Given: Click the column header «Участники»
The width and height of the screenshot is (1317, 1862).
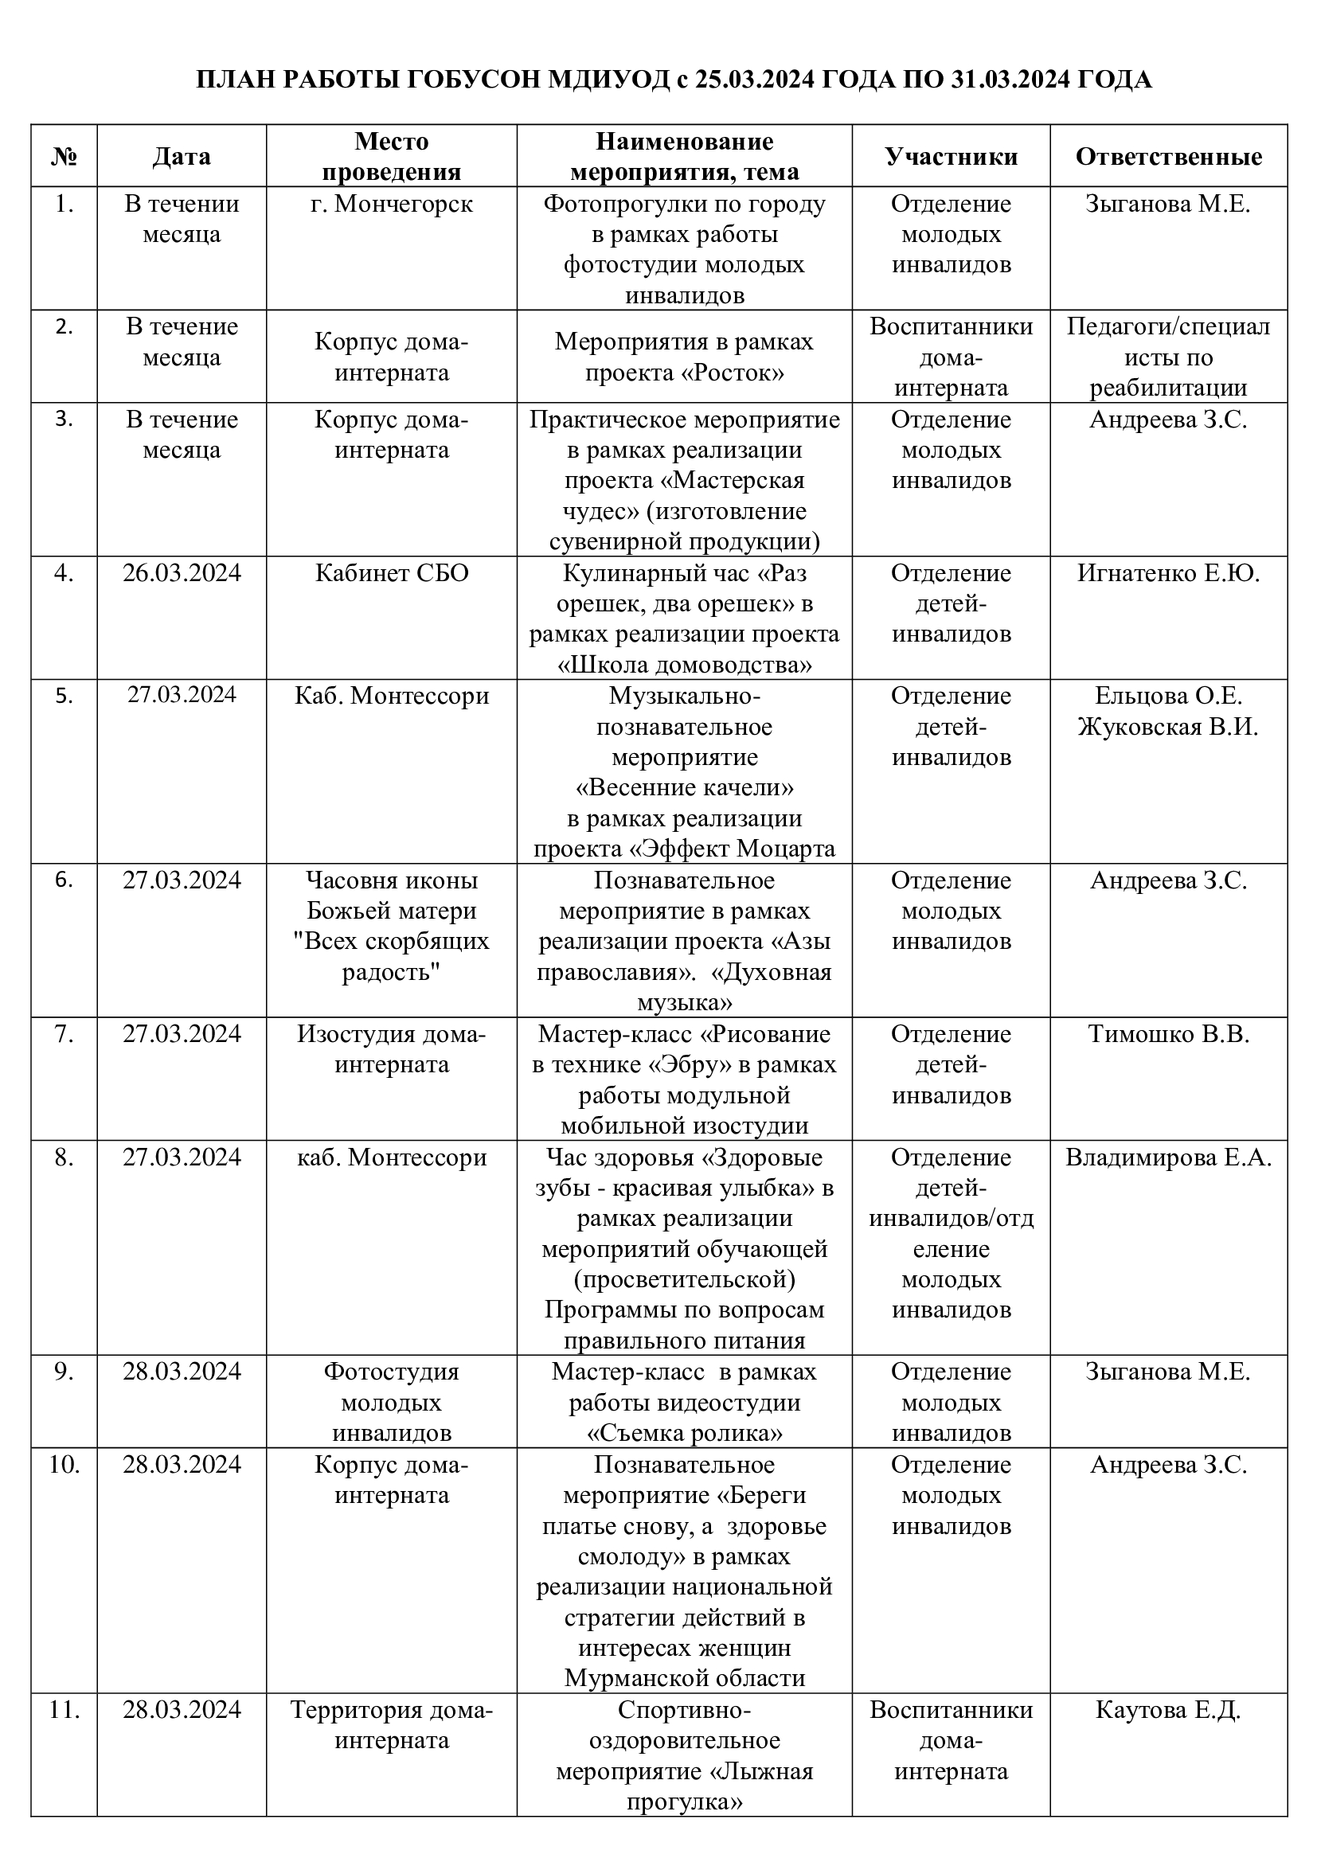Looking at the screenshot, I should tap(951, 157).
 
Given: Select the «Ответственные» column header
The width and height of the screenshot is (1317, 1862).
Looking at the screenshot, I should tap(1168, 157).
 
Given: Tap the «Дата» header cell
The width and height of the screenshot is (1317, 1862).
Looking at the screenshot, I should tap(182, 157).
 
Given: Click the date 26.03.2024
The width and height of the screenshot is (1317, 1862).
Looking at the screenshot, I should tap(182, 573).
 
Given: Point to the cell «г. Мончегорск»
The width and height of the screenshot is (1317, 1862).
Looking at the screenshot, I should tap(392, 204).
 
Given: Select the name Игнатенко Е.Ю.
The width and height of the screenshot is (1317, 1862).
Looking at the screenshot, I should tap(1168, 573).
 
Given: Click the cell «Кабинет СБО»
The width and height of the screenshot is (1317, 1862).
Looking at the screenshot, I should tap(392, 573).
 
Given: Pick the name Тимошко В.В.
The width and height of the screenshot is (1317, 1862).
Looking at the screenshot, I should tap(1168, 1034).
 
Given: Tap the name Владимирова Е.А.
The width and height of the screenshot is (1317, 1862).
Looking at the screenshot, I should tap(1168, 1157).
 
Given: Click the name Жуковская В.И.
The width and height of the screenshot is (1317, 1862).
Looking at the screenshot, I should tap(1168, 727).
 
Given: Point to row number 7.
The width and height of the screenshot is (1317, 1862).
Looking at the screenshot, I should tap(64, 1034).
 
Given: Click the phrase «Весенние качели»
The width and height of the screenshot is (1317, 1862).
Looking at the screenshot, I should tap(685, 787).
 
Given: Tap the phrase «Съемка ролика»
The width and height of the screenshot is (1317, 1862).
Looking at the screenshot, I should tap(685, 1433).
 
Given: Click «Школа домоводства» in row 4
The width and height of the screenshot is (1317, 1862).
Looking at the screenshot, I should tap(685, 665).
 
